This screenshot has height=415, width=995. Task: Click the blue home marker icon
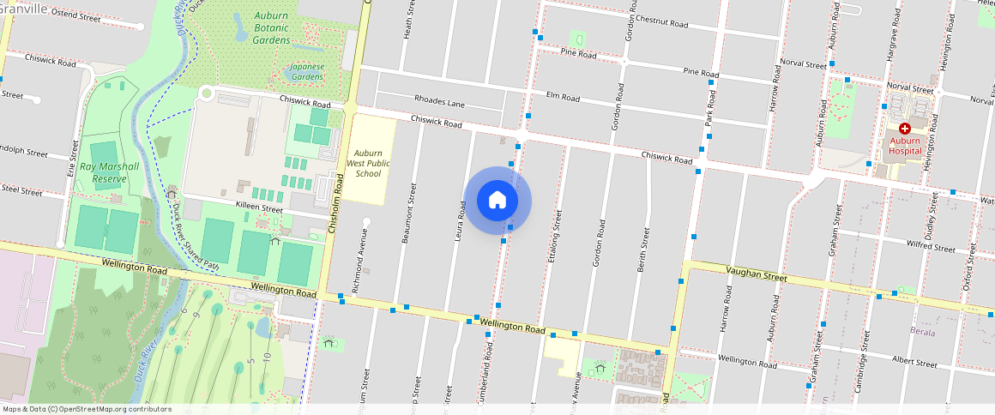point(497,201)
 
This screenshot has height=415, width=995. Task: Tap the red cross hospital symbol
point(904,128)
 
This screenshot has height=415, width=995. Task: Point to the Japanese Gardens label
point(306,71)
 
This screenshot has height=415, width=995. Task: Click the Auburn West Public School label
point(368,163)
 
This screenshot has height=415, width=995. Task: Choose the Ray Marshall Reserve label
point(104,173)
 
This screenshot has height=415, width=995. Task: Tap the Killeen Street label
point(259,208)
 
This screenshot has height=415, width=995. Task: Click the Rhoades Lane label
point(439,102)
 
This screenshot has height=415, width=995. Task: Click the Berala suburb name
point(922,331)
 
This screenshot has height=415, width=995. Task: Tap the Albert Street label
point(914,363)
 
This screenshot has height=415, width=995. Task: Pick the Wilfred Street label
point(932,247)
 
